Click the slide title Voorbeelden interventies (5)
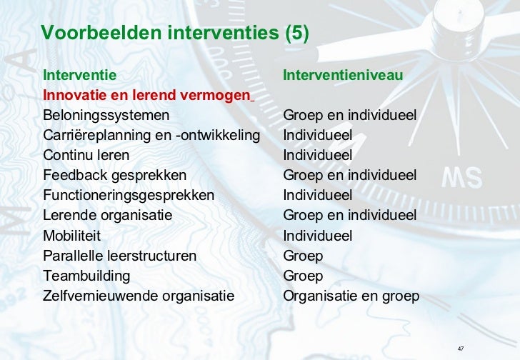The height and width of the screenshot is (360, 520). (x=175, y=34)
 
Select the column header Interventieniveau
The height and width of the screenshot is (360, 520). (x=343, y=75)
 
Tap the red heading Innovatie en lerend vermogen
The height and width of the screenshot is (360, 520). (x=147, y=95)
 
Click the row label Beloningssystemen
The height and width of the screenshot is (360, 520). (x=106, y=115)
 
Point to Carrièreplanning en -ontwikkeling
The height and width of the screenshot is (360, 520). (x=151, y=135)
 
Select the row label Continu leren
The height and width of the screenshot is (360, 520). (x=86, y=155)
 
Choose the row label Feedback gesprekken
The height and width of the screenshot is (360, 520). (x=114, y=175)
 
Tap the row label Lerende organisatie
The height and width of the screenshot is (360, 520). (x=107, y=215)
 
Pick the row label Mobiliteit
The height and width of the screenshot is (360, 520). (x=71, y=236)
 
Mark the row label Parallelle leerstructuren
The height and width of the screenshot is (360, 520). (x=119, y=256)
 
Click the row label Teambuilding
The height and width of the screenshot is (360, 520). (x=86, y=276)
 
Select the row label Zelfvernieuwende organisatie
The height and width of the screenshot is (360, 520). (x=139, y=296)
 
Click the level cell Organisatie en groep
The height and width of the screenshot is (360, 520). (x=351, y=296)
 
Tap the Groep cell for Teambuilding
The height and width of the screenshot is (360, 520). (x=303, y=276)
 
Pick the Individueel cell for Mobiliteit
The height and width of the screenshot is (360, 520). (x=317, y=236)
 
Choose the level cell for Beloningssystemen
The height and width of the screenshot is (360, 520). (x=349, y=115)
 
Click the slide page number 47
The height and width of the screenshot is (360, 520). (x=461, y=349)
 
